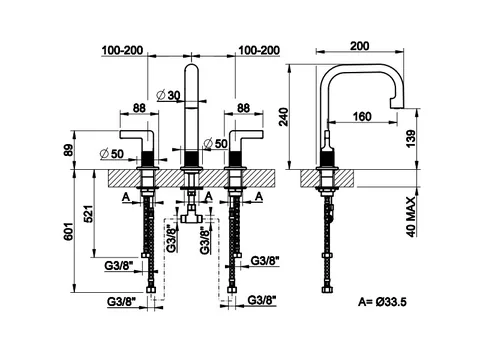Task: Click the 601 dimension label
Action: tap(68, 231)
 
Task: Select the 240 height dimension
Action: tap(283, 117)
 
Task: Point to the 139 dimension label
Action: tap(411, 139)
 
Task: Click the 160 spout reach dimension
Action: tap(362, 116)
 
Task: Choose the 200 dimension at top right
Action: tap(360, 46)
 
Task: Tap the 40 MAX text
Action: tap(411, 217)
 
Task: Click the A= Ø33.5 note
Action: tap(382, 302)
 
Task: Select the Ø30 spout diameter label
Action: tap(168, 95)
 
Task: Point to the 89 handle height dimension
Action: tap(68, 150)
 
